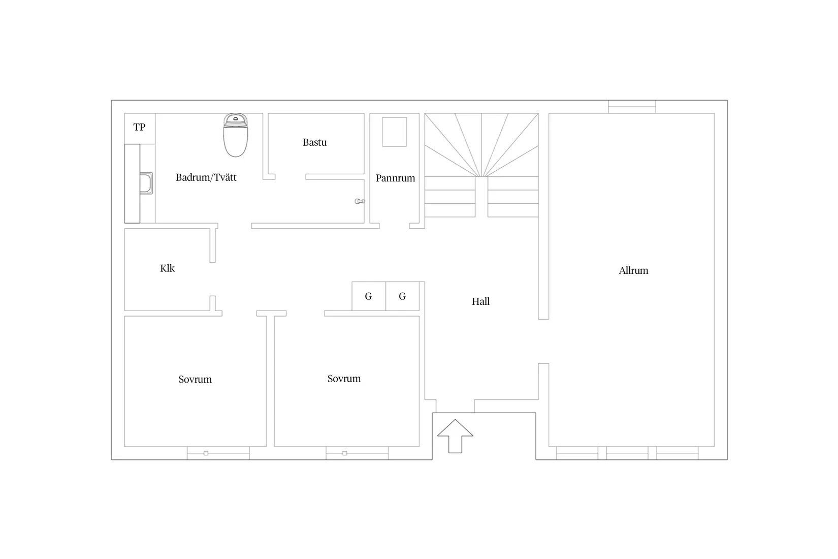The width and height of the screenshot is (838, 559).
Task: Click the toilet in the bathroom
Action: pos(236,135)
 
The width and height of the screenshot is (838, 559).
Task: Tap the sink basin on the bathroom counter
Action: pos(146,183)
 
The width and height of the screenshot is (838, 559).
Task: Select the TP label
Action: pos(139,127)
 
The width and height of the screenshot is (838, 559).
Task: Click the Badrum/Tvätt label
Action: pos(206,177)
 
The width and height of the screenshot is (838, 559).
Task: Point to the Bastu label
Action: pos(314,142)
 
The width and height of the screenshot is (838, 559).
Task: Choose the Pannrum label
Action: pos(396,178)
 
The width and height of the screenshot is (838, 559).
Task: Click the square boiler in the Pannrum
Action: pos(394,132)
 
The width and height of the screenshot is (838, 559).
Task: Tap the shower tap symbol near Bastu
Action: pos(360,201)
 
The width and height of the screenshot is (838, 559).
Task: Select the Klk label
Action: pos(167,268)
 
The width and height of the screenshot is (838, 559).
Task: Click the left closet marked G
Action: pos(369,296)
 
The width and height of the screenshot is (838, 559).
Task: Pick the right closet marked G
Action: pos(403,296)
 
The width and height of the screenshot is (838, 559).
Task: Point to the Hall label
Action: pos(481,301)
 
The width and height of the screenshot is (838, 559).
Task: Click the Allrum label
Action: pos(633,270)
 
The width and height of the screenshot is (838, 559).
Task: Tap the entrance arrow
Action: pos(455,436)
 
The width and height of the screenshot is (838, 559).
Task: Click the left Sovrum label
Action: pos(195,379)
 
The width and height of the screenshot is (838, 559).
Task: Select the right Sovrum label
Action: pos(344,379)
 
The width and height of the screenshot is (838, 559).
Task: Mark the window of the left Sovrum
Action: pos(218,453)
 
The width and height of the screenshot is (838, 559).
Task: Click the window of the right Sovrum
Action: pos(357,453)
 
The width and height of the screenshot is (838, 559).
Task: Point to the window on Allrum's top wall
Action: pos(632,107)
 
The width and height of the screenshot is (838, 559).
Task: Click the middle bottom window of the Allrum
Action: pos(627,453)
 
